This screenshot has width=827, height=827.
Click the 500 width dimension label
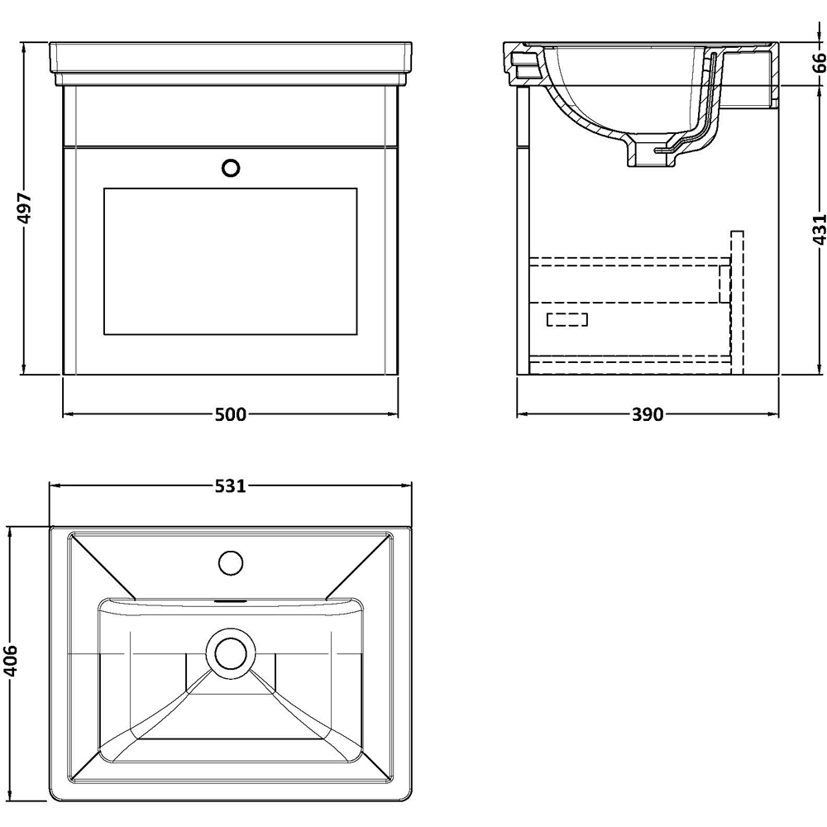point(230,414)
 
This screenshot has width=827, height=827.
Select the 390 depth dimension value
point(648,414)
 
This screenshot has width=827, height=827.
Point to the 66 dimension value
point(817,63)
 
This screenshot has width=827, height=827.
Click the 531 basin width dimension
point(230,486)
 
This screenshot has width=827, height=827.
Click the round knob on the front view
point(232,168)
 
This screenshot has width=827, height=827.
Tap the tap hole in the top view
point(232,563)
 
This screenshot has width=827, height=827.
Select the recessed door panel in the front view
point(230,261)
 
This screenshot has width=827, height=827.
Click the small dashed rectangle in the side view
point(567,319)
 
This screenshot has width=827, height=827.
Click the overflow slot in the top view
point(231,601)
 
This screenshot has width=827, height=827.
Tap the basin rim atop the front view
point(230,62)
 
